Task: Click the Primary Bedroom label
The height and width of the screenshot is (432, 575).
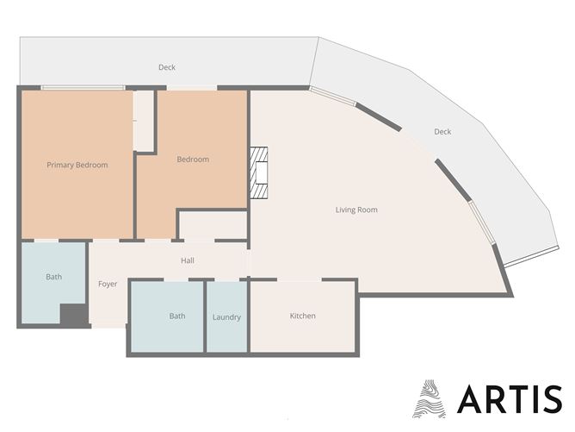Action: click(x=77, y=165)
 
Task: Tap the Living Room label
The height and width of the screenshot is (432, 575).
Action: click(x=356, y=210)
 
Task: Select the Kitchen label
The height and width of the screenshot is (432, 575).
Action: click(x=302, y=316)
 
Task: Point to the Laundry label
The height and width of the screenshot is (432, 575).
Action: click(x=226, y=317)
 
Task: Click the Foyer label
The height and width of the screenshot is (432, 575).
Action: click(x=108, y=284)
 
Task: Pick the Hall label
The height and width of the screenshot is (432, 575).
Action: click(x=188, y=260)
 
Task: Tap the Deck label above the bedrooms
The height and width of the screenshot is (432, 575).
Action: click(x=167, y=67)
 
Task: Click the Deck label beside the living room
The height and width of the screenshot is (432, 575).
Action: click(x=442, y=132)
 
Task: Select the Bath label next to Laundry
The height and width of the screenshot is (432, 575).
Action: click(x=177, y=316)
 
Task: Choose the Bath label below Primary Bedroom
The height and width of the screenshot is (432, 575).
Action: click(x=54, y=277)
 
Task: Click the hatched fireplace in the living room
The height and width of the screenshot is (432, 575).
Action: click(x=259, y=173)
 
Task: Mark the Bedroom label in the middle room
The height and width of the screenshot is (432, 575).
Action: click(x=193, y=160)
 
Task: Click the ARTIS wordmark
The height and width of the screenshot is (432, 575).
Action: click(x=510, y=399)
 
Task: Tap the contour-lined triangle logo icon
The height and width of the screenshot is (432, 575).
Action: click(x=429, y=399)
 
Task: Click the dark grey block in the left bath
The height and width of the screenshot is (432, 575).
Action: click(x=74, y=315)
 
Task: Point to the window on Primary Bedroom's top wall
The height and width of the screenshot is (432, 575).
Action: click(x=83, y=88)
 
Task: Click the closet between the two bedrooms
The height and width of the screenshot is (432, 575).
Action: click(x=144, y=121)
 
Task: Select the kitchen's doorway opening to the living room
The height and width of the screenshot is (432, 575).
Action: click(x=300, y=280)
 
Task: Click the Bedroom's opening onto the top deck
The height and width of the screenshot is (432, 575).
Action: click(x=192, y=88)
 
